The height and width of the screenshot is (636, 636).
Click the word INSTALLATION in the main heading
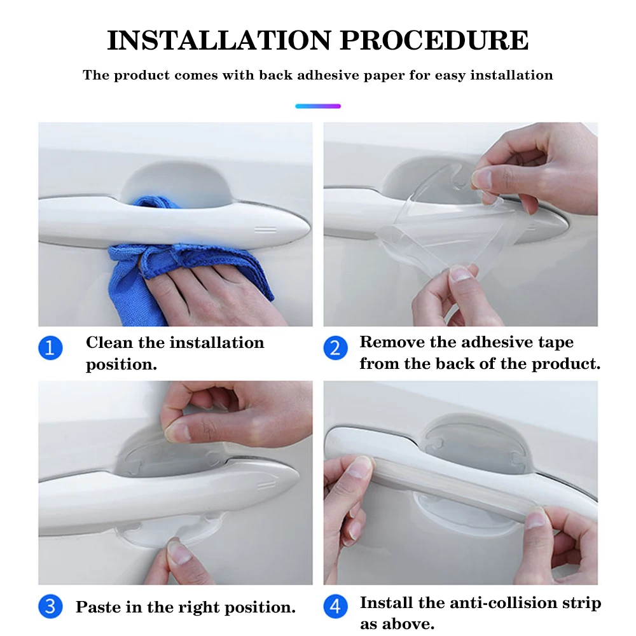219,41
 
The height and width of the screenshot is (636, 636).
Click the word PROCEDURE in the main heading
434,41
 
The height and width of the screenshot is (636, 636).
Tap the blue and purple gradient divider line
318,106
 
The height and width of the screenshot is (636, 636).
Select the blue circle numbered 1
50,348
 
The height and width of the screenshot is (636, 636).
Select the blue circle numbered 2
335,348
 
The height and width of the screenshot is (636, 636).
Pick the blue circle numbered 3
50,606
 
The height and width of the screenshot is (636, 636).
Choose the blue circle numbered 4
335,606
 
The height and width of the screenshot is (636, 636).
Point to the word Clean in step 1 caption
109,343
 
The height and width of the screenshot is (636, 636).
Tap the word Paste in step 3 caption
98,607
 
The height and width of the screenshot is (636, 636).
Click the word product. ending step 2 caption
566,364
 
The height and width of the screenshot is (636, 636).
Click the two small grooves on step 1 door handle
265,230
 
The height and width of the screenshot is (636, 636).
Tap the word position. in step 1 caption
121,364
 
